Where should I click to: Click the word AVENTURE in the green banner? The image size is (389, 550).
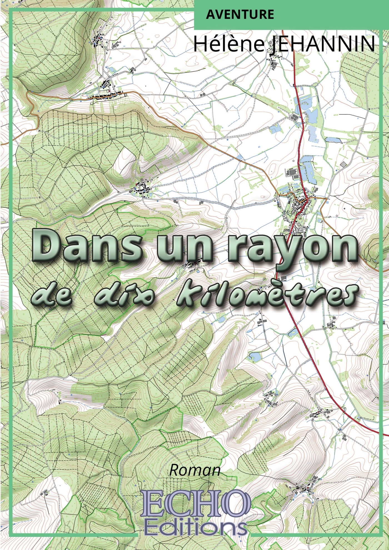tap(240, 14)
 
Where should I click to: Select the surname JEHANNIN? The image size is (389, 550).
tap(322, 44)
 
